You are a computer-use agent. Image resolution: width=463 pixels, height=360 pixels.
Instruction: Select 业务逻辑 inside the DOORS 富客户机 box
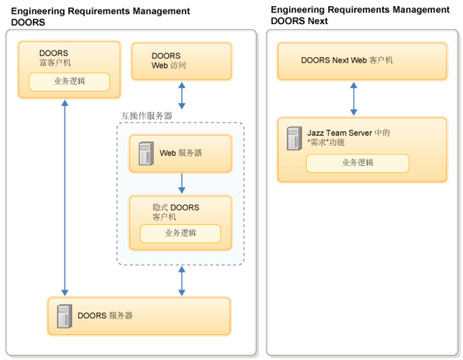69,82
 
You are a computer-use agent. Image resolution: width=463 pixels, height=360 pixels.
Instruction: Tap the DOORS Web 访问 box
181,61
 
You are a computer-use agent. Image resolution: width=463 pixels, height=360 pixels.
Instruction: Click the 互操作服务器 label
146,116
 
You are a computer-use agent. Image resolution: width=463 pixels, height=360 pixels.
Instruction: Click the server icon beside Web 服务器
146,153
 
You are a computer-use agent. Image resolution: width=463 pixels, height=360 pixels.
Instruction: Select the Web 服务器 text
180,153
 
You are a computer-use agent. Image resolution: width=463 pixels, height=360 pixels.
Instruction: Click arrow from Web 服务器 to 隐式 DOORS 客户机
181,183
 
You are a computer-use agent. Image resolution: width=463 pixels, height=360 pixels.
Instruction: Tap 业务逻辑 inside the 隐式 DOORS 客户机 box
180,233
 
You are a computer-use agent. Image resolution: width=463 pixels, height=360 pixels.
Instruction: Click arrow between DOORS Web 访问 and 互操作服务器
182,96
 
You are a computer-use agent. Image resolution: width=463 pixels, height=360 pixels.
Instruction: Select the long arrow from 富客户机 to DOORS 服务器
65,198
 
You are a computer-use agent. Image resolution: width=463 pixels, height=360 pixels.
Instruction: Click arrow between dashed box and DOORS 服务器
181,281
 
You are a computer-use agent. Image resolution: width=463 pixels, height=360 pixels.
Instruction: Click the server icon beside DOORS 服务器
64,316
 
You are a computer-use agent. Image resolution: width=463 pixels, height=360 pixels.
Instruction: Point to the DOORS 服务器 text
105,316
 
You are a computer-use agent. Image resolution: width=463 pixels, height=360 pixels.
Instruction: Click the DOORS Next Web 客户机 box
362,61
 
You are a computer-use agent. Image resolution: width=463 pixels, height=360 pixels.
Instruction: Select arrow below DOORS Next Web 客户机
353,99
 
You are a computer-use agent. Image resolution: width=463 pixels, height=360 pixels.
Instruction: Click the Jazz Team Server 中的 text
348,133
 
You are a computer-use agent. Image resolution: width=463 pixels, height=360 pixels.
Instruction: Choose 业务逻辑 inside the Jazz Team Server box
357,163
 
